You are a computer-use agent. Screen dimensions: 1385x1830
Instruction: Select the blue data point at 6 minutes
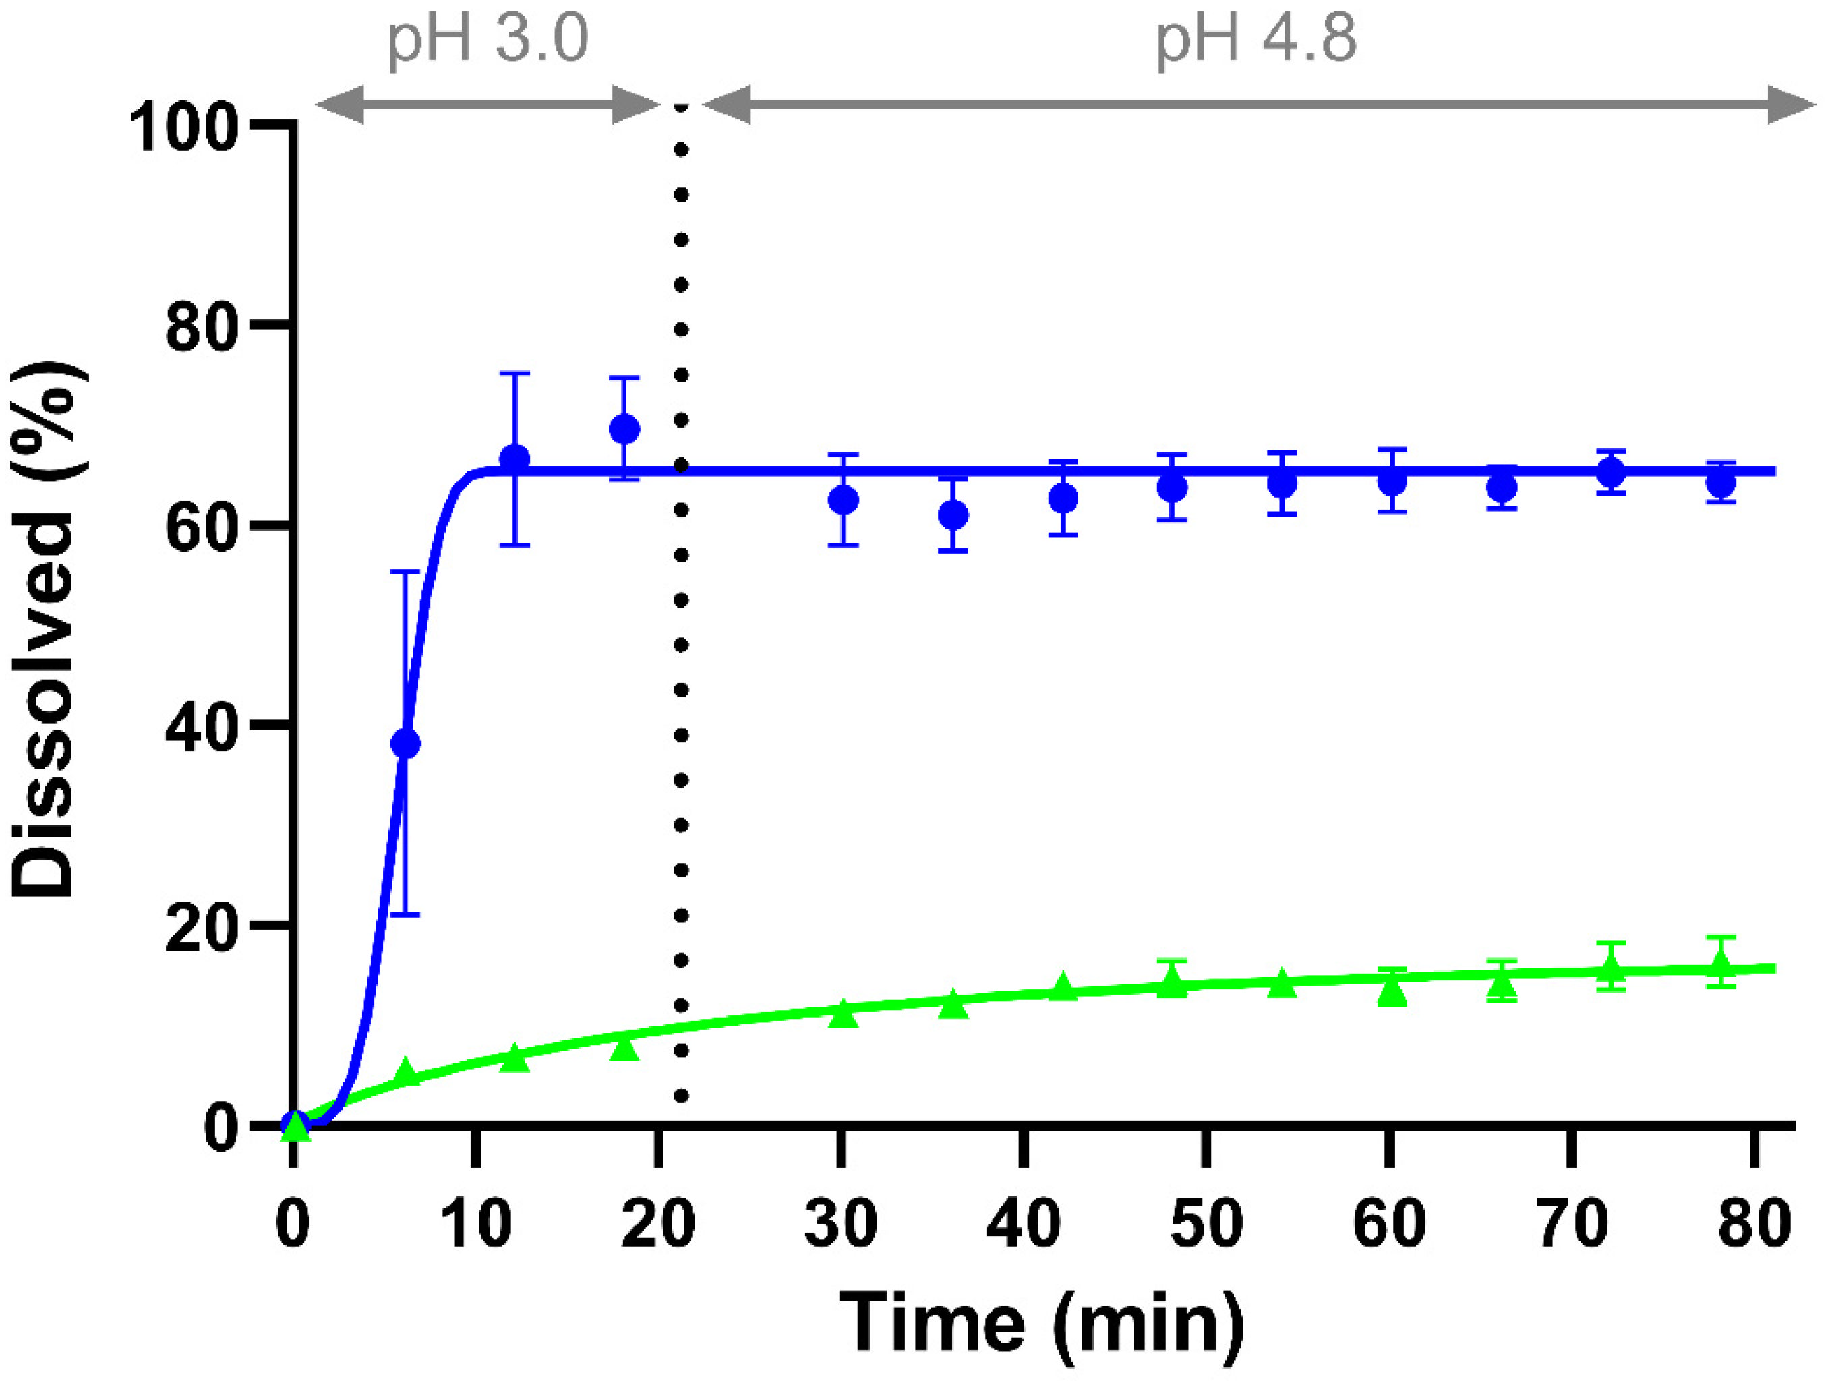(405, 743)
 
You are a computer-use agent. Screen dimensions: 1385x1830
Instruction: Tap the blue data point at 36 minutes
(953, 515)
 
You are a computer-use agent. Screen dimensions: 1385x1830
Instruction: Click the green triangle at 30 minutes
(843, 1013)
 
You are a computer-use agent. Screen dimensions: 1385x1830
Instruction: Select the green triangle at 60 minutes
(1392, 991)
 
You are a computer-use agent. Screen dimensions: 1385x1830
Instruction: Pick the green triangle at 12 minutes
(514, 1058)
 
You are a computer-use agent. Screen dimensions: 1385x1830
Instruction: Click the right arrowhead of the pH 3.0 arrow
(637, 105)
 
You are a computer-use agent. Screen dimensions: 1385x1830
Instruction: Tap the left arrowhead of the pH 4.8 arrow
(727, 105)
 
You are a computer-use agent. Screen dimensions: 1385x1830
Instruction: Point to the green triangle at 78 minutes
(1721, 963)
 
